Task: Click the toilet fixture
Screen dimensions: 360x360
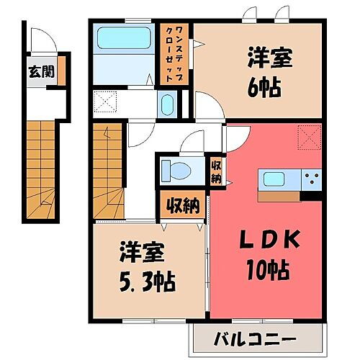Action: [172, 171]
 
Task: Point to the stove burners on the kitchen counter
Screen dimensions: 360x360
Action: [311, 179]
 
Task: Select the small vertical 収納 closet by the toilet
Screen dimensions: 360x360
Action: [215, 173]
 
